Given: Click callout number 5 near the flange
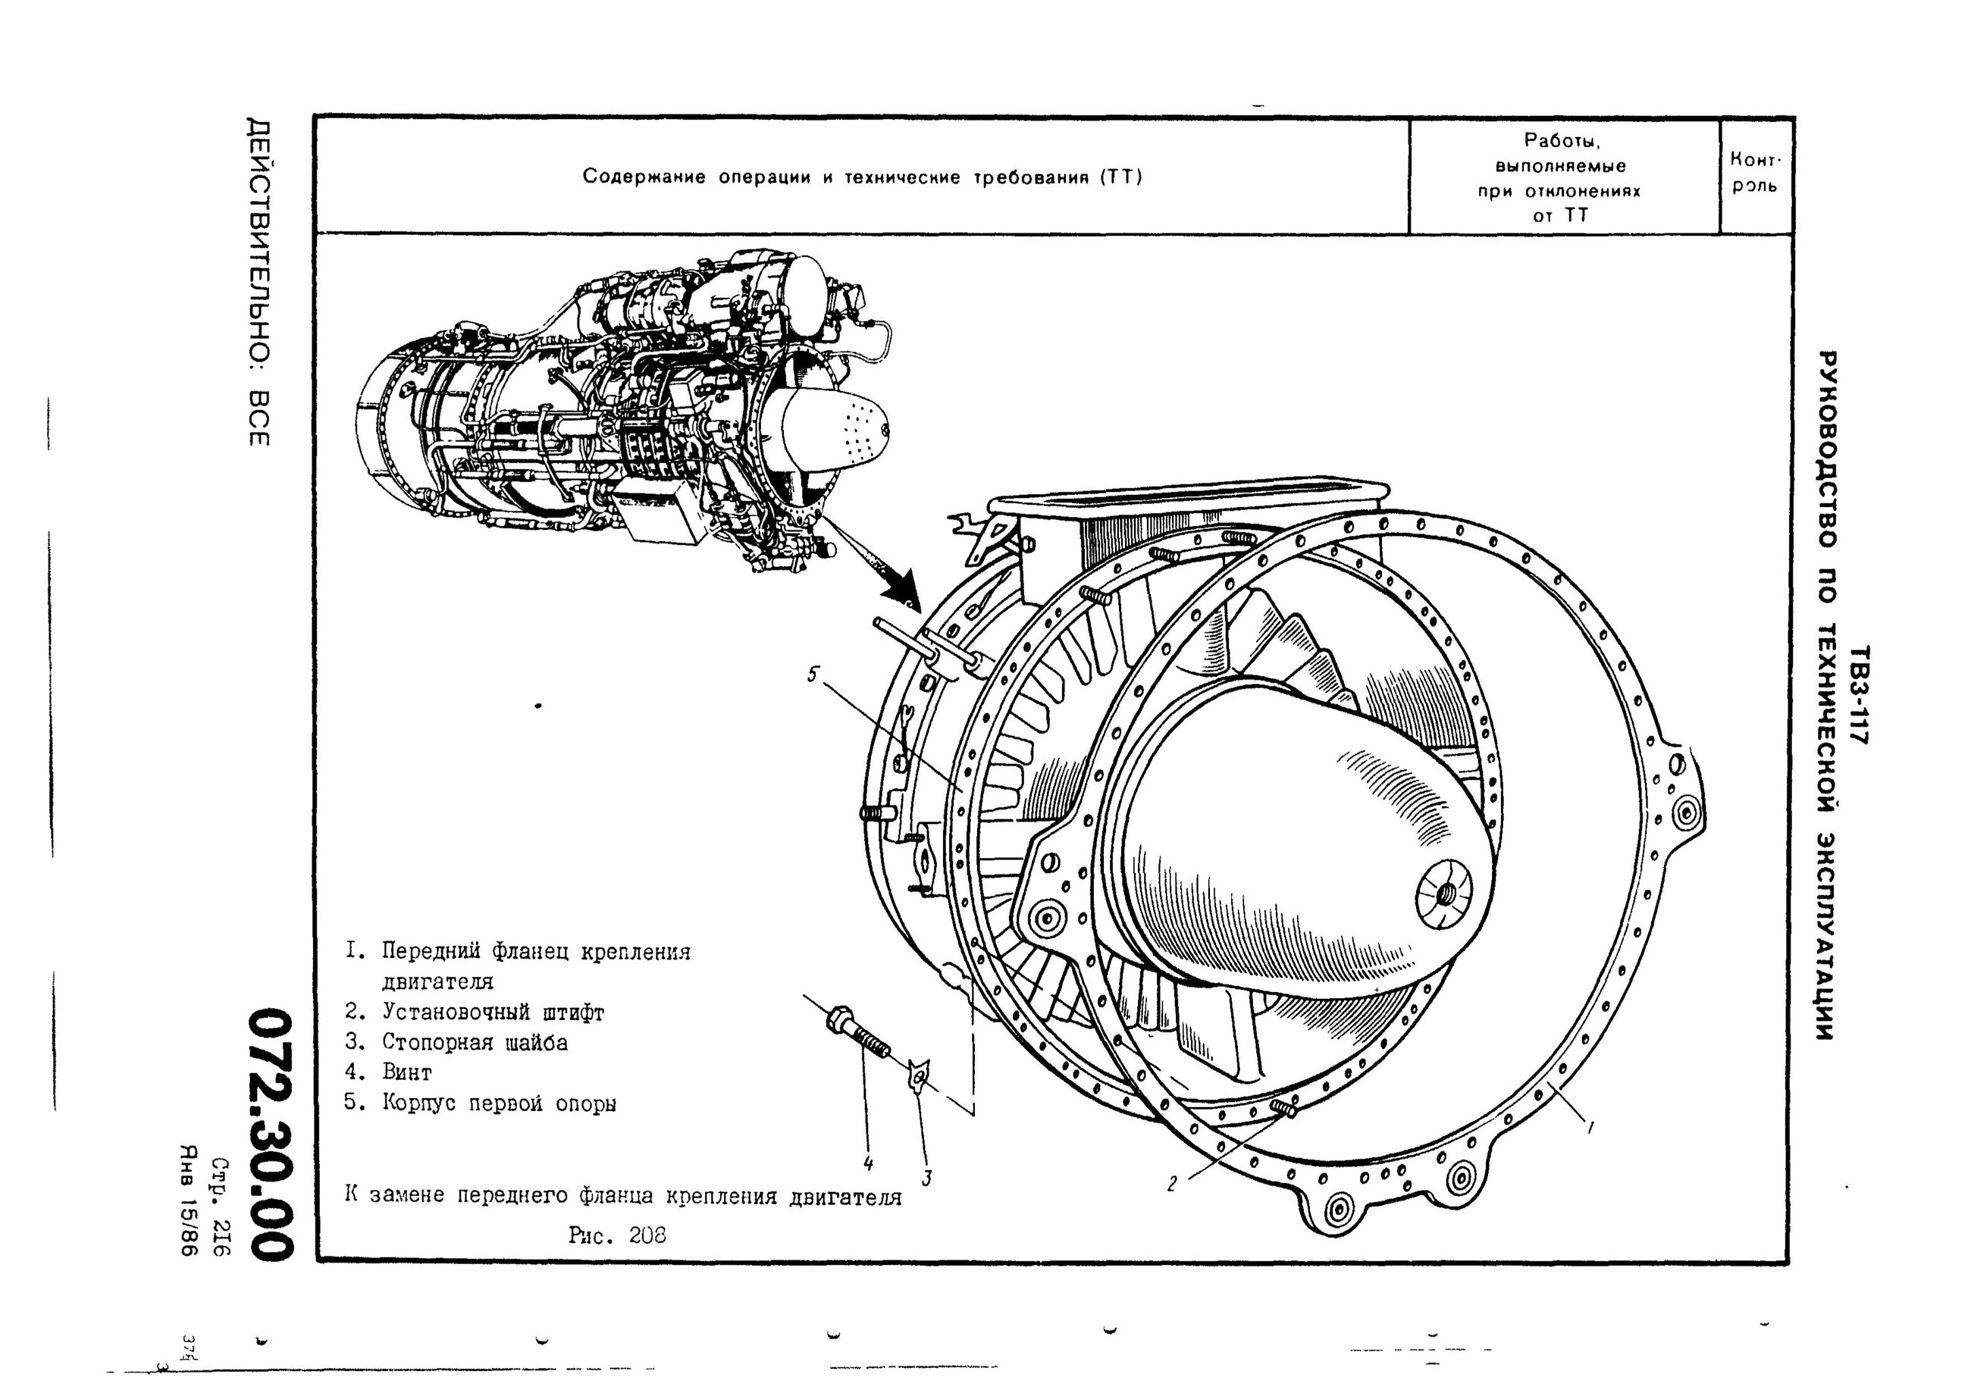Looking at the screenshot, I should [812, 675].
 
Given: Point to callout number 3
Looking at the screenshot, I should [926, 1179].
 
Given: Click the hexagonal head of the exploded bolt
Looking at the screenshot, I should [837, 1022].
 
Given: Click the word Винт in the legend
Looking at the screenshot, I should [407, 1072].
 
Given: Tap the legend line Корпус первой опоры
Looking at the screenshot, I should [499, 1103].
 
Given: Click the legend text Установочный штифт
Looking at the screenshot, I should [493, 1013].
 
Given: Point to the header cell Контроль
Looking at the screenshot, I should [1756, 173].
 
